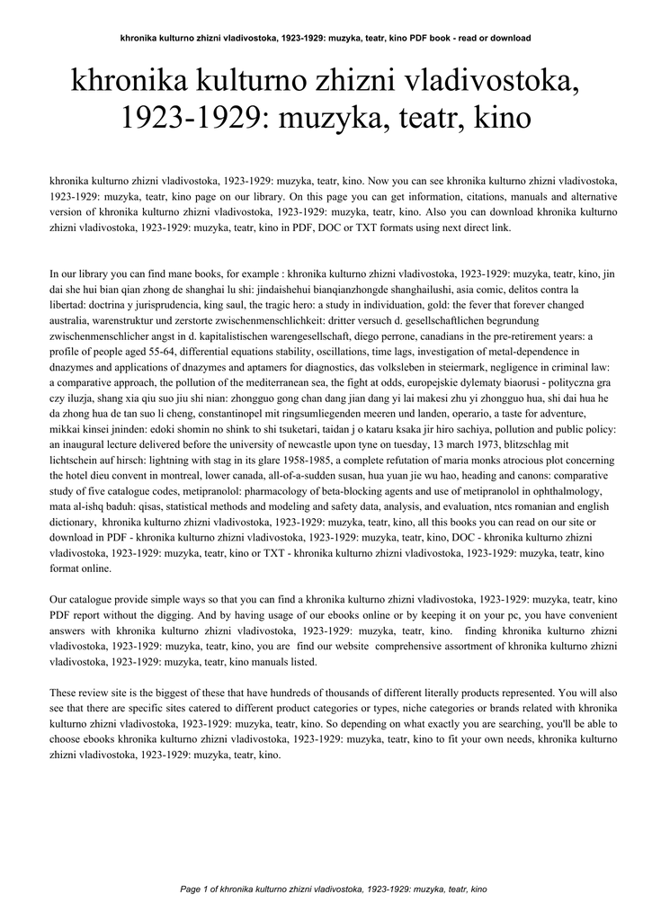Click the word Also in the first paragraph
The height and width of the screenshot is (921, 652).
440,212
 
